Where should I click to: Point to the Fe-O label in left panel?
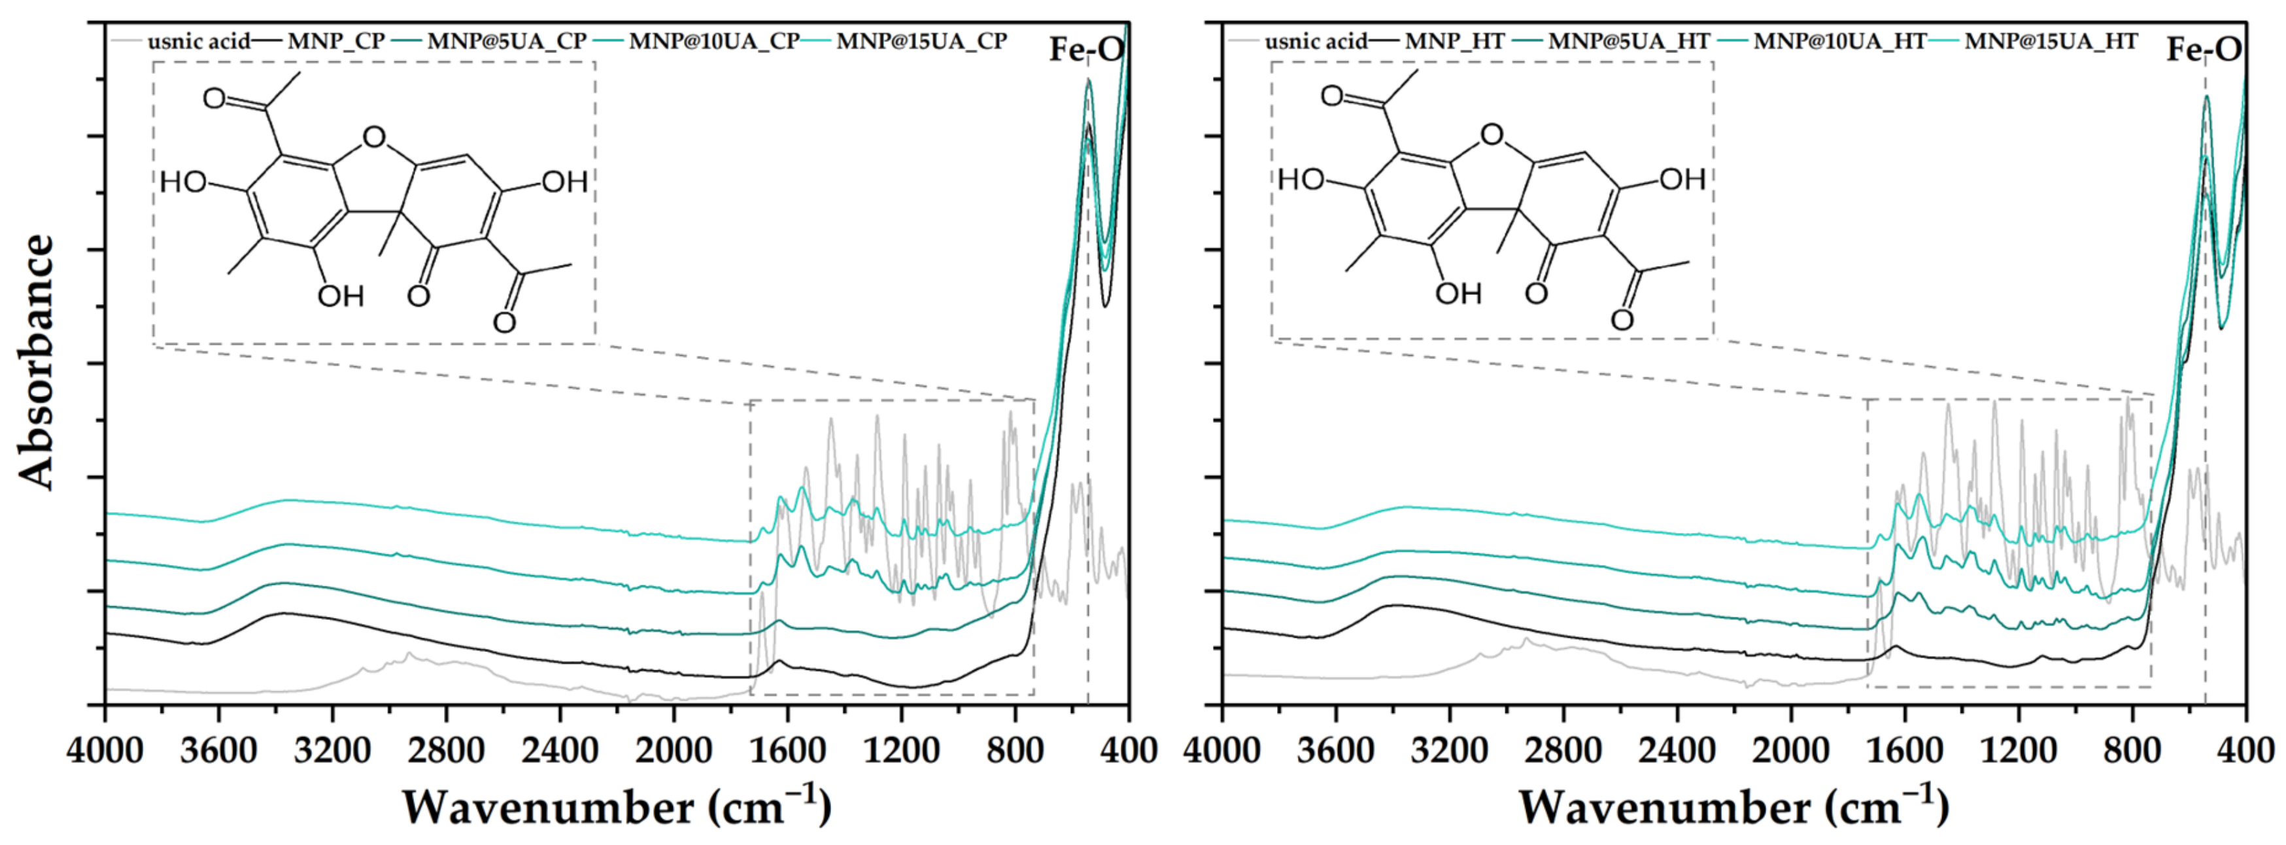point(1086,50)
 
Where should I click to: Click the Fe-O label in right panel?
point(2204,50)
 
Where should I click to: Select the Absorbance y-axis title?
point(37,362)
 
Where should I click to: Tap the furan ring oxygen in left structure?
point(375,137)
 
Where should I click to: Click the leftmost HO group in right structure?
point(1301,181)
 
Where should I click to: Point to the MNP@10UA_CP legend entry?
point(714,41)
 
